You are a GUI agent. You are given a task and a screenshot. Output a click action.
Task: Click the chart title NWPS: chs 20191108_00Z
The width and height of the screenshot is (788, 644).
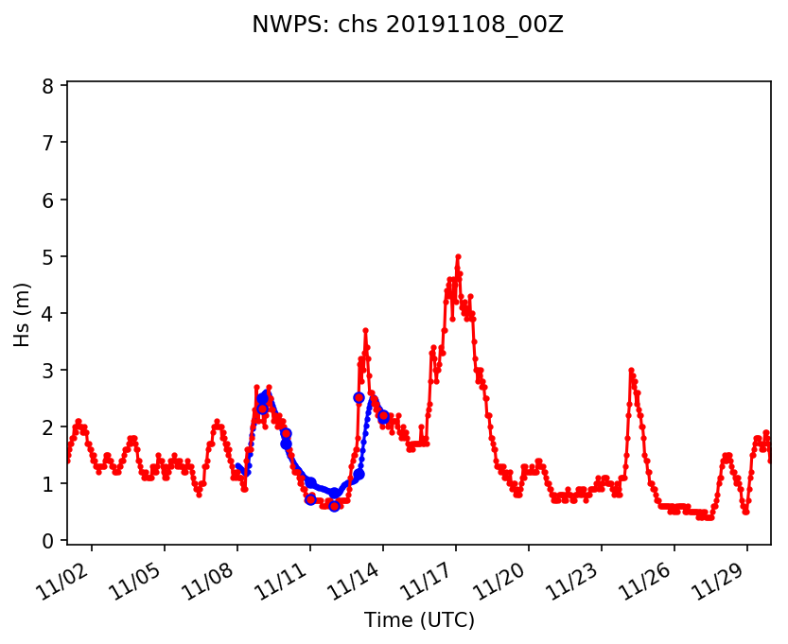pos(407,26)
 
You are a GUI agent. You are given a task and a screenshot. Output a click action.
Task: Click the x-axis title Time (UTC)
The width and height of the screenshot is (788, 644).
pos(419,620)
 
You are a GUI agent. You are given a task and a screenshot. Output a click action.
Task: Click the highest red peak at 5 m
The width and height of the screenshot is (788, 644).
pos(458,256)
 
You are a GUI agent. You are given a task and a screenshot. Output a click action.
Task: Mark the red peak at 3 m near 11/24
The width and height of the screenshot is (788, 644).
pos(631,371)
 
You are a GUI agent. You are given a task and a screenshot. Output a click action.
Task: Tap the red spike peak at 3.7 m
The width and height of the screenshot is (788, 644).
pos(365,330)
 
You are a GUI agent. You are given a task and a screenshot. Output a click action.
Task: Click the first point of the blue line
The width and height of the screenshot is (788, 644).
pos(237,466)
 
